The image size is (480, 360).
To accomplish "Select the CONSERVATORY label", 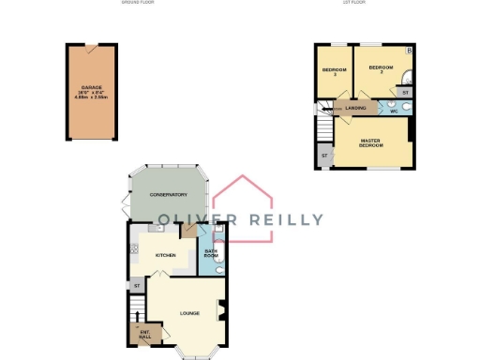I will coord(170,195).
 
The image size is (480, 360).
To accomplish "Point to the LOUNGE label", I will coord(191,313).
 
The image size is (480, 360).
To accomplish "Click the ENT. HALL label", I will coord(144,334).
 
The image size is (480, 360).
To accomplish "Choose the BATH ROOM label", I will coord(211,253).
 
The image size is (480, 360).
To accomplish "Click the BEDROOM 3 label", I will coord(335,73).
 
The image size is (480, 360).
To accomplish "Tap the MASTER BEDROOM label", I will coord(376,142).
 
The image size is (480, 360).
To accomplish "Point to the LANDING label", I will coord(356,109).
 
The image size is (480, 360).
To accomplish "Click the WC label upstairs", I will coord(394,109).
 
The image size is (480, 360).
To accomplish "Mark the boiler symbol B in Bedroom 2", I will coord(409,49).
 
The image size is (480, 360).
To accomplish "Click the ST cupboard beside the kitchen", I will coord(137,285).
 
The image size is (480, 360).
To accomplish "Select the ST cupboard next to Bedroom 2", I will coord(405,93).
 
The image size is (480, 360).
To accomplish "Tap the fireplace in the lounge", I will coord(221,309).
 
